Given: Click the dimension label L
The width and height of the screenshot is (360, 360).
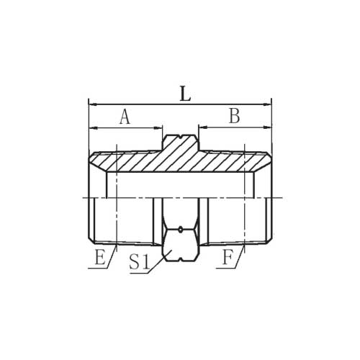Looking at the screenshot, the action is coord(185,94).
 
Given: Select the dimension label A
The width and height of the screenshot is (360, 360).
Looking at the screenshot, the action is coord(125,117).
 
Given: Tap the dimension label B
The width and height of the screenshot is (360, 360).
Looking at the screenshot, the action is coord(234,116).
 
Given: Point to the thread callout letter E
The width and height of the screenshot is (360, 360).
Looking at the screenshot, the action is coord(100,257).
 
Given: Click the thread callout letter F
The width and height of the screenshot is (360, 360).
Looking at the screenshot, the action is coord(228,257).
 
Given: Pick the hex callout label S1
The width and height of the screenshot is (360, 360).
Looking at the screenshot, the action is coord(140,261).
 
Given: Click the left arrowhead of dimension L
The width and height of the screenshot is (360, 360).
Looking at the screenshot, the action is coord(93,104).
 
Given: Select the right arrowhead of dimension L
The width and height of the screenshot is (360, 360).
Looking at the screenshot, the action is coord(267,104).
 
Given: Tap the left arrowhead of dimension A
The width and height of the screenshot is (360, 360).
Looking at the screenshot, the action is coord(93,128).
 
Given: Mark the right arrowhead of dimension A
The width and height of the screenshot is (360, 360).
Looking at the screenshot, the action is coord(158,128).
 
